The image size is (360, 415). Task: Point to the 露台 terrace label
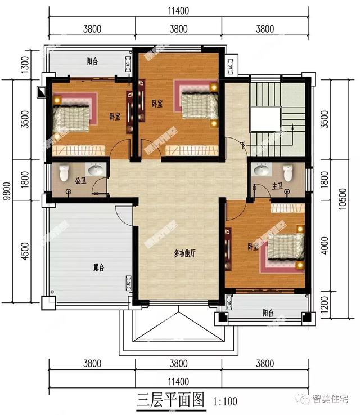(x=98, y=268)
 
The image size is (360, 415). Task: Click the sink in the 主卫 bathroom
(x=261, y=169)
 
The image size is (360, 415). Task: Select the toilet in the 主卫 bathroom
(x=289, y=172)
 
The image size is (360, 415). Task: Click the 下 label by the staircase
(x=242, y=145)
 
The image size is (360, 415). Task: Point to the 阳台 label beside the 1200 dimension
(x=268, y=313)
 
